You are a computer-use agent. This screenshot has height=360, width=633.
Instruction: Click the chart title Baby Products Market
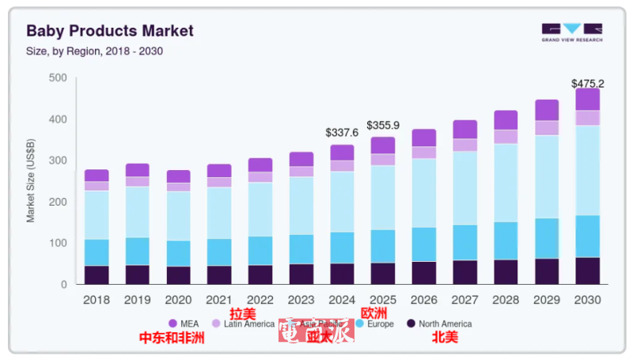point(110,31)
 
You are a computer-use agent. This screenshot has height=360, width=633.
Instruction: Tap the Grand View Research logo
point(571,32)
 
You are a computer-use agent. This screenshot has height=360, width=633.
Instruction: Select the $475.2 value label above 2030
point(588,84)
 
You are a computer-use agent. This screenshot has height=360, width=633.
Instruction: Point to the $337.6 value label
point(342,133)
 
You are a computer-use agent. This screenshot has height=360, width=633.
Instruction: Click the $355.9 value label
point(384,126)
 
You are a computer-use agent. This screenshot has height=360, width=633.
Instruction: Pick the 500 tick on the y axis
point(57,78)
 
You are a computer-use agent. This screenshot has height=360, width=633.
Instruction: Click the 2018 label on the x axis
point(97,300)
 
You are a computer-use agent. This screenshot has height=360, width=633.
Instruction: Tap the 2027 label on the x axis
point(465,300)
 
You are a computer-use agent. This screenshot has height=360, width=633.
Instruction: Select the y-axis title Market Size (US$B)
point(31,180)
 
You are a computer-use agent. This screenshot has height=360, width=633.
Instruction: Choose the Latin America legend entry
point(242,324)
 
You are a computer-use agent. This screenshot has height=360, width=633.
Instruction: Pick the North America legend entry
point(438,324)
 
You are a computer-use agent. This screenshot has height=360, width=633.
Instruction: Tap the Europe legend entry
point(376,324)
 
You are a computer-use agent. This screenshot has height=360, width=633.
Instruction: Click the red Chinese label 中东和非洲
point(172,338)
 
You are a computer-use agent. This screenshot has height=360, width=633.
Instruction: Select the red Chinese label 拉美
point(242,313)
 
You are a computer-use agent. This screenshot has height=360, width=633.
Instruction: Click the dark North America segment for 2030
point(587,271)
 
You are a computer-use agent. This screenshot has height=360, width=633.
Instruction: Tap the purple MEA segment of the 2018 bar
point(97,176)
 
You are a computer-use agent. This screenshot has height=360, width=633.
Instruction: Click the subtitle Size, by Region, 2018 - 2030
point(95,51)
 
